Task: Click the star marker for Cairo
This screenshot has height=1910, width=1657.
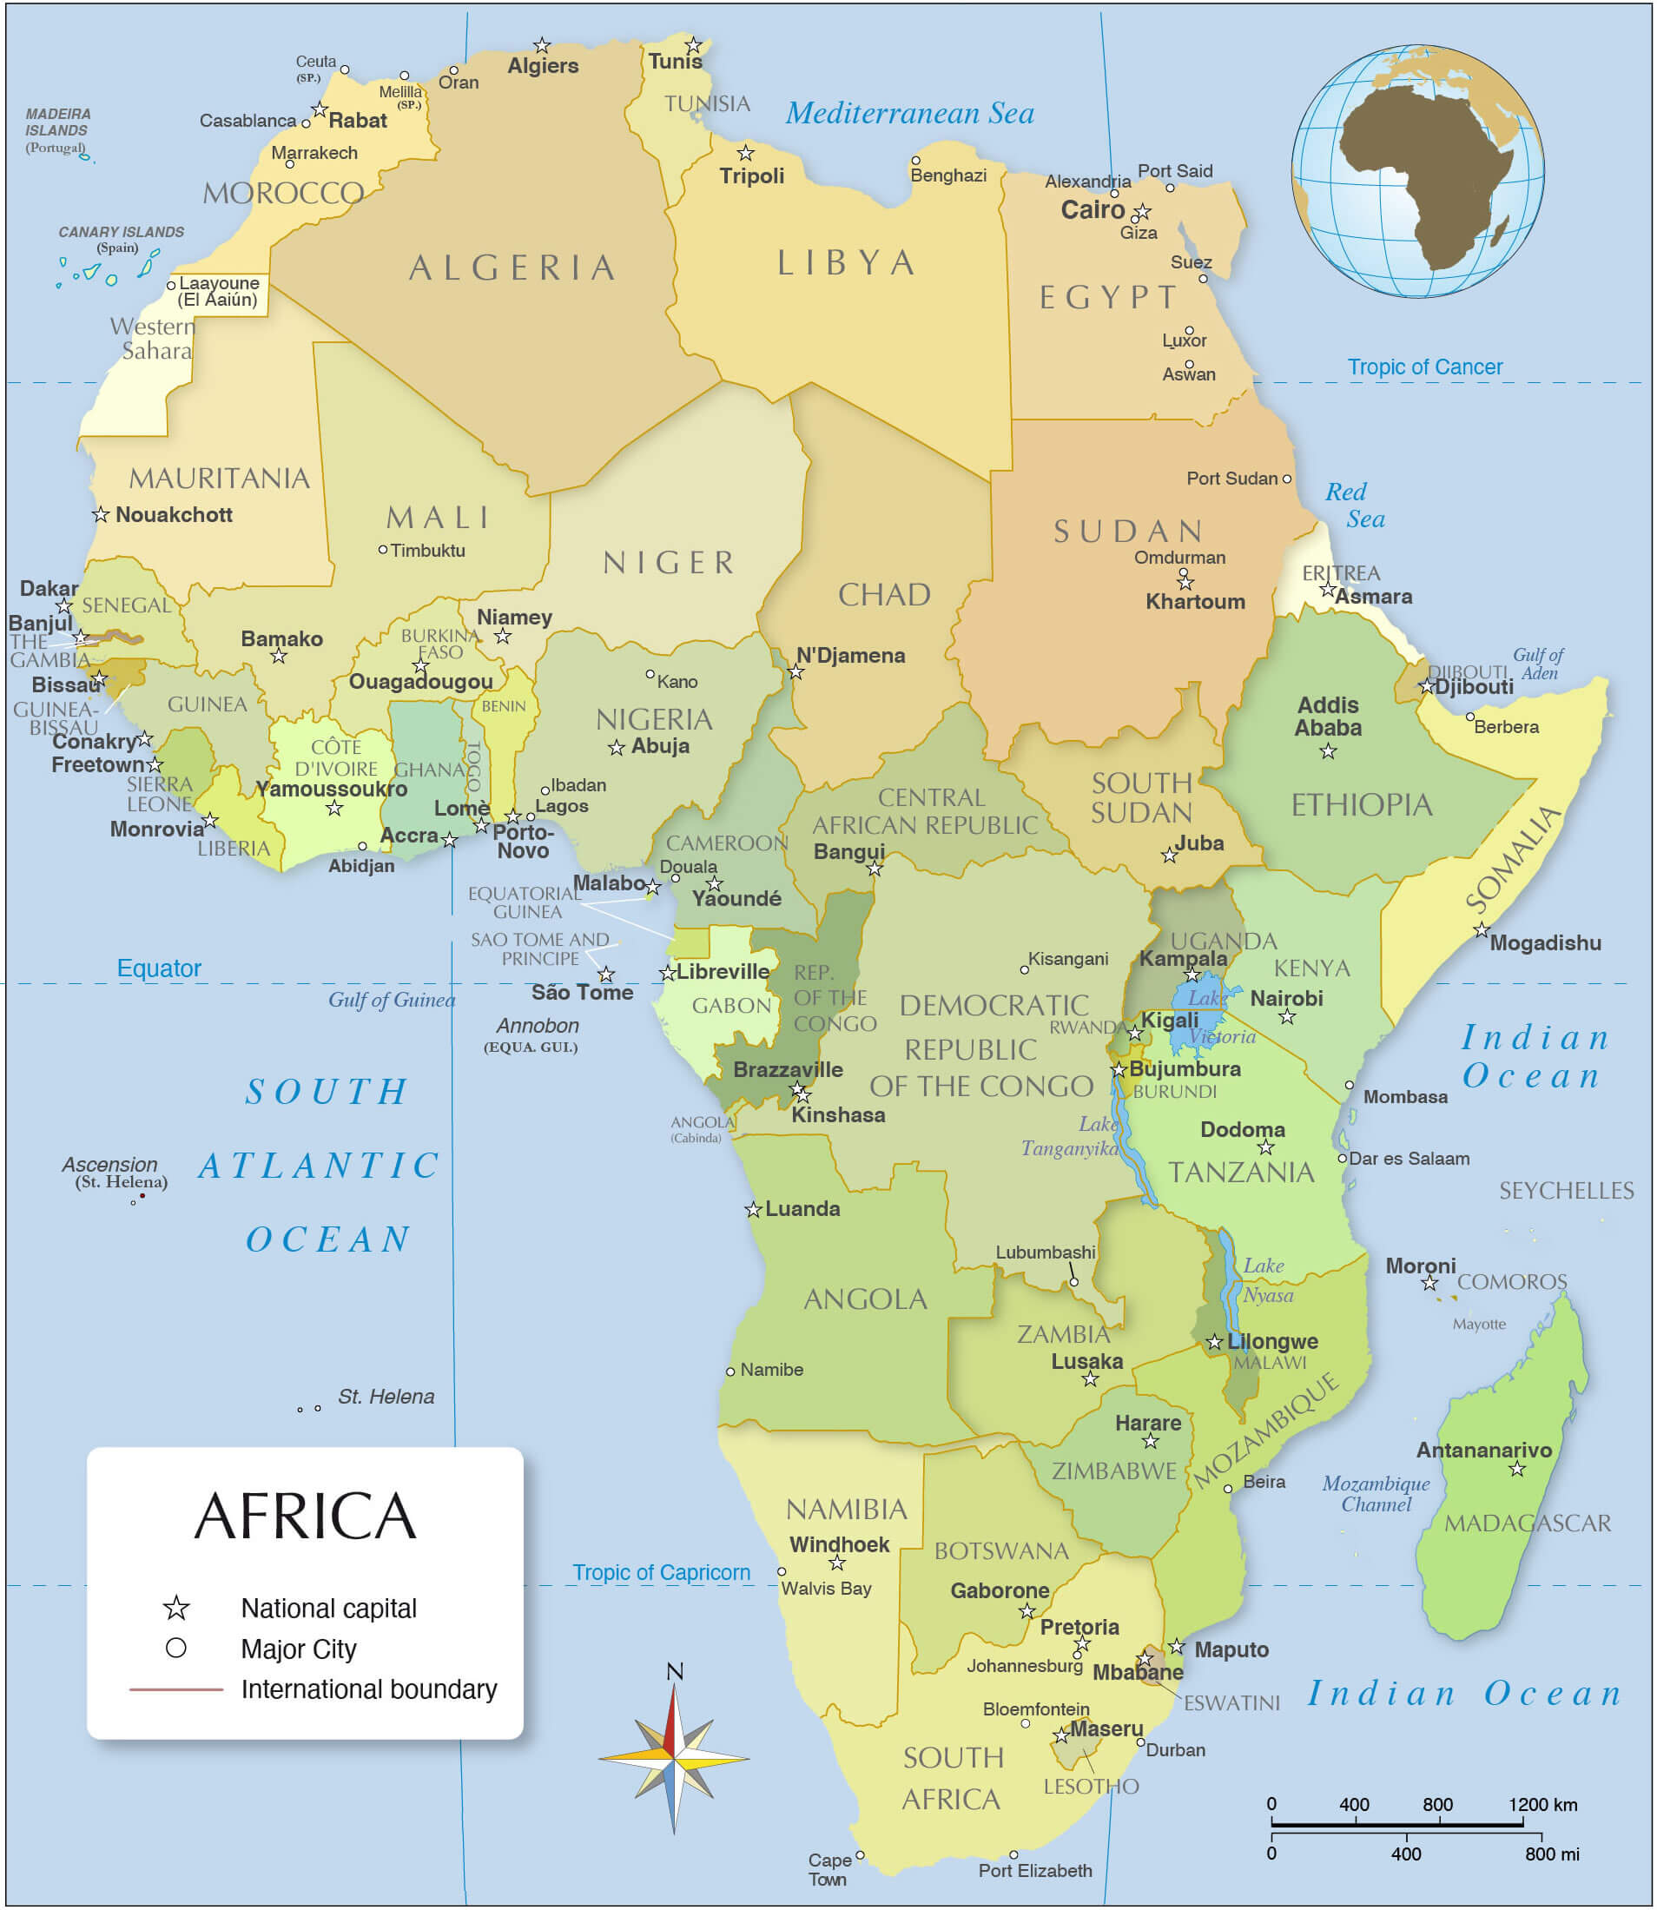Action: [1143, 212]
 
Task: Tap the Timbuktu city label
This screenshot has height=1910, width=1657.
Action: [427, 551]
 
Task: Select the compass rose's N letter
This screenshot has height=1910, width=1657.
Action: [675, 1671]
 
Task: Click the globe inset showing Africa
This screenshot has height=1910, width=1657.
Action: [1417, 171]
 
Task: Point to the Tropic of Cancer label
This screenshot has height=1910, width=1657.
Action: [1424, 367]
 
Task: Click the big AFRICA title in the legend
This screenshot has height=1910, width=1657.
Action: [305, 1517]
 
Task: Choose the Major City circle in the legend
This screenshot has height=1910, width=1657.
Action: [175, 1648]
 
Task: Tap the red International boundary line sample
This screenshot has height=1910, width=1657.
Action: [175, 1689]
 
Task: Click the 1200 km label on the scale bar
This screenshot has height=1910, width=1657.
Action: [1542, 1805]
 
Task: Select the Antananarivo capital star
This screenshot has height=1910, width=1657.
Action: [1517, 1469]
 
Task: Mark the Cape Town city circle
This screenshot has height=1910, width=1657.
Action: [860, 1854]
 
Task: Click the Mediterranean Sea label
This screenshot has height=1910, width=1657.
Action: [910, 114]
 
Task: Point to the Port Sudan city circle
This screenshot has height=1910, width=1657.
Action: [1286, 479]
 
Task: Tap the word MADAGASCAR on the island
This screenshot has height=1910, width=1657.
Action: [1528, 1523]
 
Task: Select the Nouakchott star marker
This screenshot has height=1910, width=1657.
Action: [101, 514]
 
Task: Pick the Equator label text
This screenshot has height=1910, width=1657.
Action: [159, 968]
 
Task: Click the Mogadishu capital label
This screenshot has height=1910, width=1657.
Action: [1545, 943]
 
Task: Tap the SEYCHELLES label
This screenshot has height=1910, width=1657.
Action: [1567, 1191]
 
